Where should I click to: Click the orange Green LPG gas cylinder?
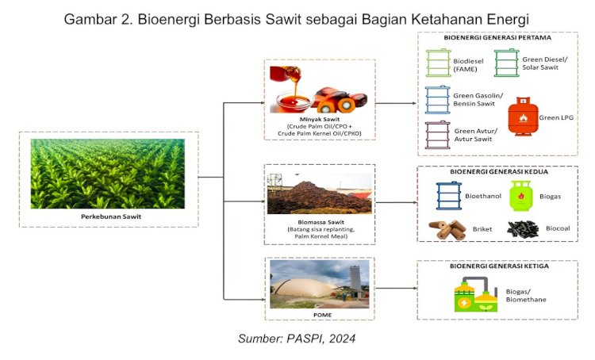pyautogui.click(x=523, y=116)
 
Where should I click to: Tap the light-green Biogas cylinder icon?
pyautogui.click(x=520, y=195)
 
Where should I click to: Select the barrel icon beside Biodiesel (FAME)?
pyautogui.click(x=438, y=63)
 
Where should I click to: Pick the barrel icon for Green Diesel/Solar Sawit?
pyautogui.click(x=507, y=63)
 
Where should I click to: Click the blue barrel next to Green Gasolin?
pyautogui.click(x=437, y=99)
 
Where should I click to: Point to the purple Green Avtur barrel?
pyautogui.click(x=437, y=135)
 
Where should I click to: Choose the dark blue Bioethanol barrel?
pyautogui.click(x=449, y=195)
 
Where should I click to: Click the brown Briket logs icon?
pyautogui.click(x=447, y=229)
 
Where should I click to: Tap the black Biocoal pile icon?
pyautogui.click(x=523, y=229)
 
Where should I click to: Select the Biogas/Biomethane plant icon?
pyautogui.click(x=476, y=294)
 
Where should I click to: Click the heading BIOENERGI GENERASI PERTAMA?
pyautogui.click(x=497, y=37)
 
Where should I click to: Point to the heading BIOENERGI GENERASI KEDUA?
pyautogui.click(x=499, y=171)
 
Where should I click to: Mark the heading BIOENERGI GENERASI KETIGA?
pyautogui.click(x=499, y=266)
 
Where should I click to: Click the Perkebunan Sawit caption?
pyautogui.click(x=111, y=216)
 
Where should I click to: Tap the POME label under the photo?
pyautogui.click(x=323, y=315)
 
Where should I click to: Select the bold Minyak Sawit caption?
pyautogui.click(x=320, y=119)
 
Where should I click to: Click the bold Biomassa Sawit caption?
pyautogui.click(x=321, y=222)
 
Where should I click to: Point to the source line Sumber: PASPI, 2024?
pyautogui.click(x=297, y=339)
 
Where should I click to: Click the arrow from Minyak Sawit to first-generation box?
pyautogui.click(x=396, y=103)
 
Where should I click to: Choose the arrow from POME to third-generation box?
pyautogui.click(x=396, y=289)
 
